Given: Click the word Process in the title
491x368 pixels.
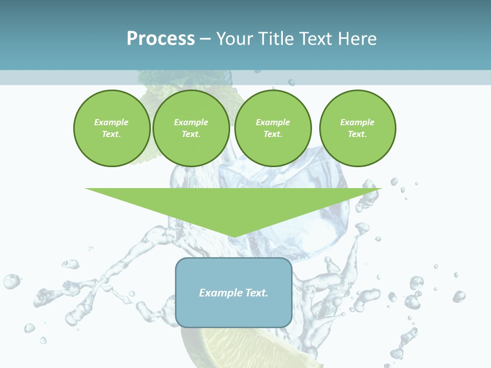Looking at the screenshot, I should (161, 39).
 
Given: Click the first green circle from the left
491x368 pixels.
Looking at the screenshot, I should (111, 128).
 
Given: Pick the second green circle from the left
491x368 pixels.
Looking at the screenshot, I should (191, 128).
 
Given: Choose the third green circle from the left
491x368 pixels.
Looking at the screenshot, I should (273, 128).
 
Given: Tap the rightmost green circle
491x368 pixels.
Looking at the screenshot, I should (357, 128).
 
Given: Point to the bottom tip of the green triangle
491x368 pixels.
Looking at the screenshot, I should (234, 236).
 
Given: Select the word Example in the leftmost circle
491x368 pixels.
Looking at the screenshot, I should (111, 122).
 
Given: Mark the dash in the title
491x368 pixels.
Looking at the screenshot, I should (205, 39).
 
